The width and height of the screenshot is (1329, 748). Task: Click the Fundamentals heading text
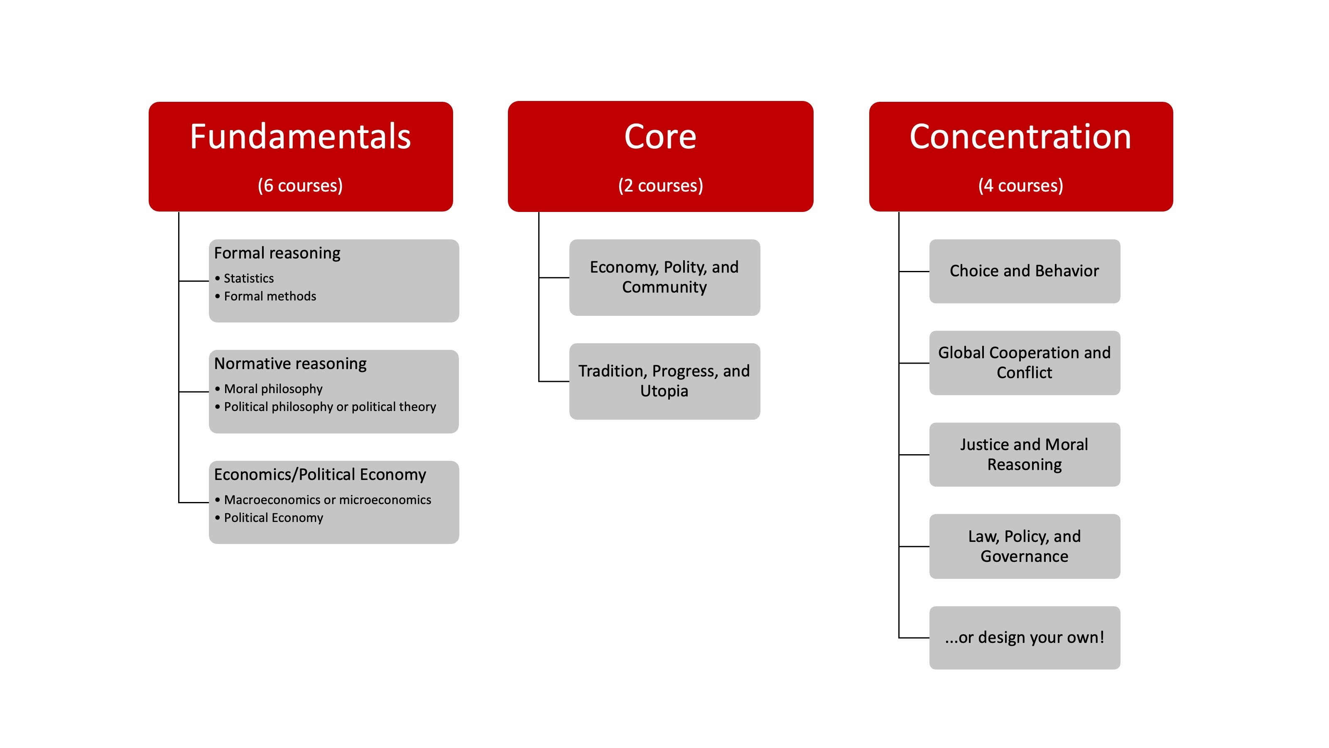(x=300, y=137)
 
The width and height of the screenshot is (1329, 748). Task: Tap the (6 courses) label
(x=300, y=185)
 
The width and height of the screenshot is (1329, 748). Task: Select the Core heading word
(x=660, y=137)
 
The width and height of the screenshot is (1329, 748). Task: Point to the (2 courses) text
(x=660, y=185)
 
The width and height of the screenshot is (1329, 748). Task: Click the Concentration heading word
(x=1020, y=137)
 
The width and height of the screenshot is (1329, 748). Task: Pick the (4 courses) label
(x=1020, y=185)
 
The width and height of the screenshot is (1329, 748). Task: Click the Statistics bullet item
(x=249, y=278)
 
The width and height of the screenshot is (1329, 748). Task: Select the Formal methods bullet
(x=270, y=296)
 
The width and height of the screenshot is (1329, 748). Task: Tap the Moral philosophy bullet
(x=273, y=389)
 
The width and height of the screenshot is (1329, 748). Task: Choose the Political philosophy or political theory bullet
(x=330, y=407)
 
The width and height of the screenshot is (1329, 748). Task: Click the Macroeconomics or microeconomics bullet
(x=328, y=499)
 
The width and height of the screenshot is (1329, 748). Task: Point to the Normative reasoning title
(x=290, y=364)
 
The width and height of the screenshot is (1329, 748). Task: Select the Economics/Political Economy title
(x=320, y=475)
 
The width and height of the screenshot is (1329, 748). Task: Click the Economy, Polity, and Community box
(x=664, y=277)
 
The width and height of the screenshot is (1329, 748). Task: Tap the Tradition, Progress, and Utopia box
(x=664, y=381)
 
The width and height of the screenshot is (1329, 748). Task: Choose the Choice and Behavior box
(x=1024, y=271)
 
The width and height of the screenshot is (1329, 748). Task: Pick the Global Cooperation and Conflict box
(x=1024, y=362)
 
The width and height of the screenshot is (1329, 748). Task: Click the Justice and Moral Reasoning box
(x=1024, y=454)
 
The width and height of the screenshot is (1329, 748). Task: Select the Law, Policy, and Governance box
(x=1024, y=546)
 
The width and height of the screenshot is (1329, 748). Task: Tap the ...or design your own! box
(x=1024, y=637)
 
